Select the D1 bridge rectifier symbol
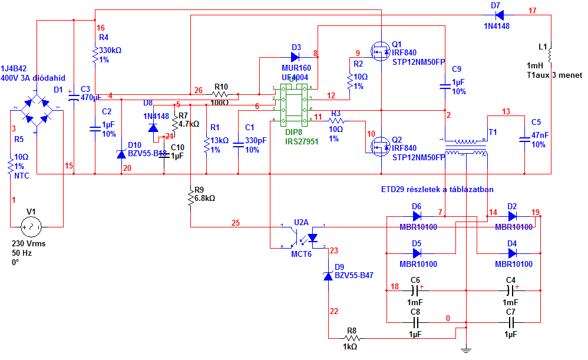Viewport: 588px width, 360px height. click(x=37, y=110)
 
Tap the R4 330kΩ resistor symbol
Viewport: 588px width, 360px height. click(x=95, y=56)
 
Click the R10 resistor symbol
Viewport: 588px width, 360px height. click(x=220, y=94)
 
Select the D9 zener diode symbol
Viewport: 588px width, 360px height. click(x=328, y=275)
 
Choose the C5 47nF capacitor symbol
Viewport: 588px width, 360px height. click(x=524, y=140)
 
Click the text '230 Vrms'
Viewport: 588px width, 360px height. click(x=28, y=243)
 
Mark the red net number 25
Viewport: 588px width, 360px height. click(x=236, y=223)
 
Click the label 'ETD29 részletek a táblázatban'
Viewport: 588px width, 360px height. click(x=437, y=189)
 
